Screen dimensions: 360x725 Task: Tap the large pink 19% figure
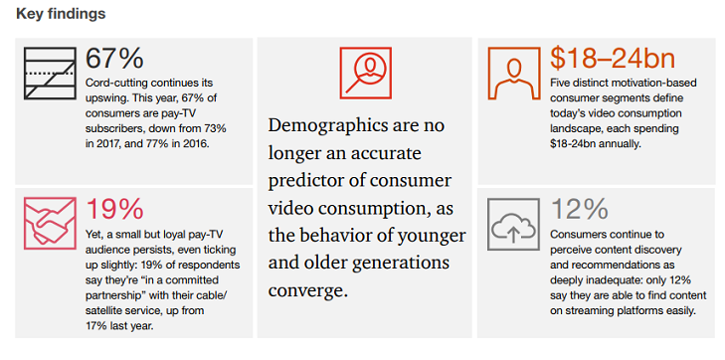click(x=115, y=209)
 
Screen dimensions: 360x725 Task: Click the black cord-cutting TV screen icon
click(x=49, y=74)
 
